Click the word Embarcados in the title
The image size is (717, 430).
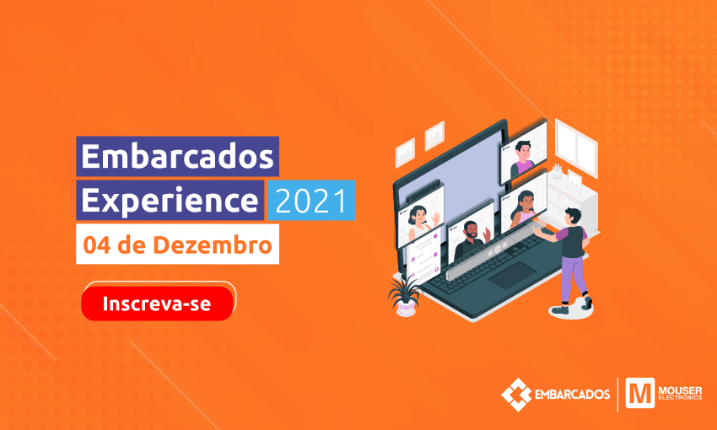(177, 157)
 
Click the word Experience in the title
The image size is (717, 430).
(170, 201)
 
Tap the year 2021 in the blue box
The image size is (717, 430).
(311, 201)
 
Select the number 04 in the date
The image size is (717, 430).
(97, 245)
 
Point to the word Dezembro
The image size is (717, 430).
(213, 245)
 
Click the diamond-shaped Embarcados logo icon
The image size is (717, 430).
(516, 395)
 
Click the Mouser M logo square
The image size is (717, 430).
(639, 393)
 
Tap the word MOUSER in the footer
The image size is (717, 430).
(680, 390)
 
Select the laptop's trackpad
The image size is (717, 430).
(512, 275)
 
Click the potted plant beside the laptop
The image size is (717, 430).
(404, 296)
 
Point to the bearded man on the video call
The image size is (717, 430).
(472, 240)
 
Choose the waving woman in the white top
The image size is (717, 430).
(421, 222)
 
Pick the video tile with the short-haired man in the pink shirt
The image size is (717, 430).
(524, 156)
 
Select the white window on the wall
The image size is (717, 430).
(576, 148)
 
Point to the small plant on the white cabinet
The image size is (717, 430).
(557, 171)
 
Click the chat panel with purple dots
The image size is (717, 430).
(423, 257)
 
